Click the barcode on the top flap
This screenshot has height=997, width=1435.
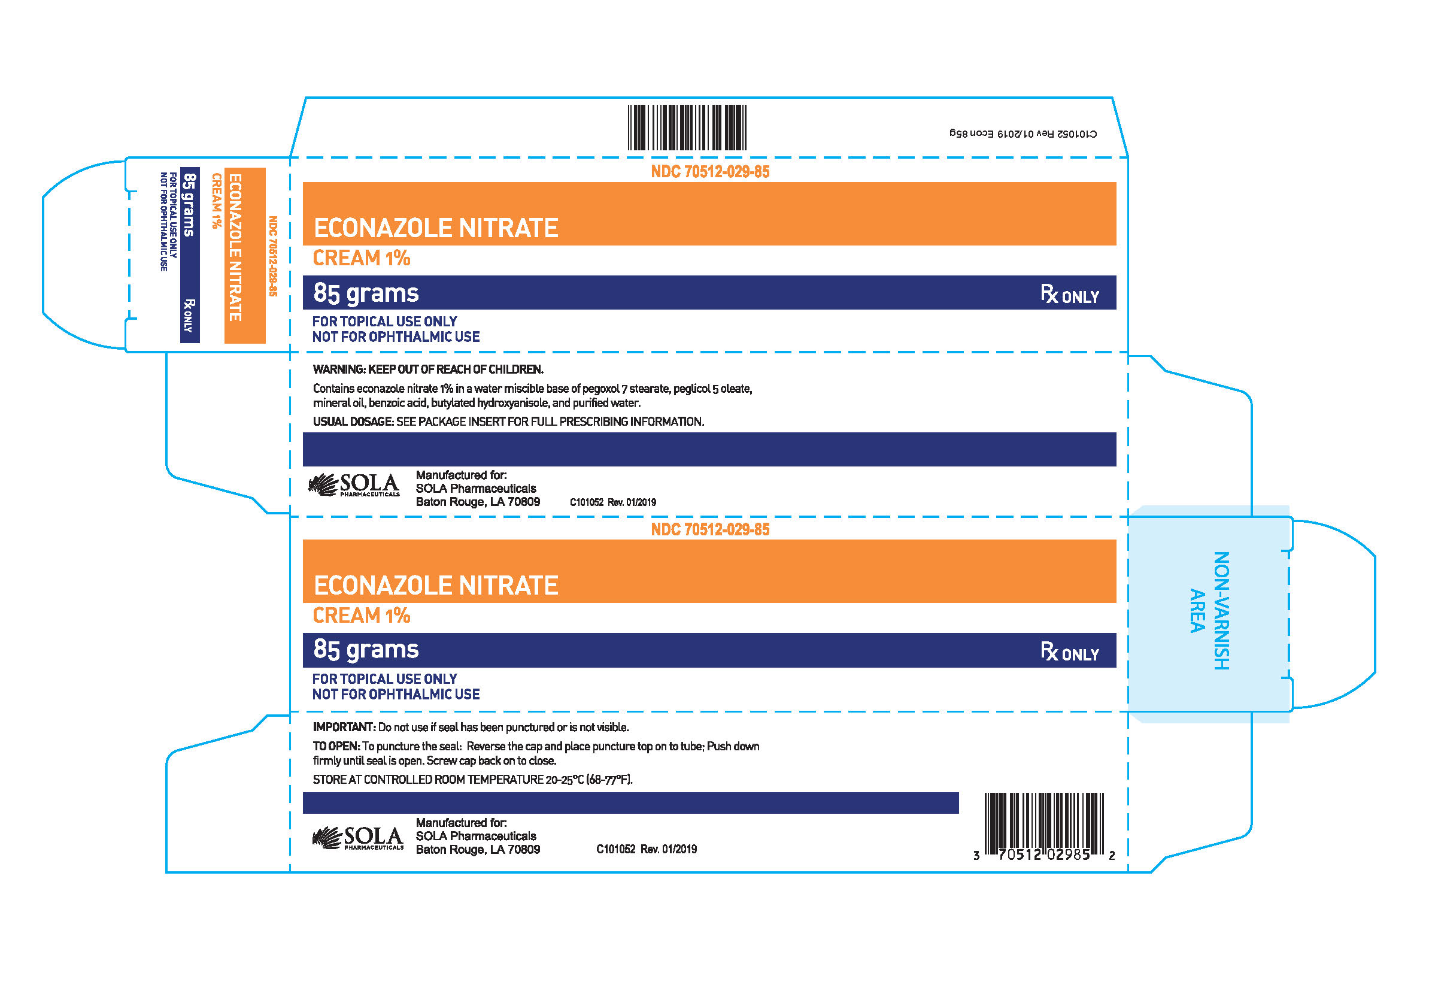(x=686, y=128)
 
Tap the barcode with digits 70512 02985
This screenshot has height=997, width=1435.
(x=1043, y=826)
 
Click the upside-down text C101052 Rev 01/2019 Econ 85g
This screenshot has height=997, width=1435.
(x=1023, y=134)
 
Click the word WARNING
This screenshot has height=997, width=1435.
(x=339, y=369)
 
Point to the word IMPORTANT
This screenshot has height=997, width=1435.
(x=344, y=726)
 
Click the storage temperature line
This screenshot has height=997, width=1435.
(x=473, y=779)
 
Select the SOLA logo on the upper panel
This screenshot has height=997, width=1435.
(x=354, y=485)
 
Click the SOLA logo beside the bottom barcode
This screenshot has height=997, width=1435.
(x=358, y=838)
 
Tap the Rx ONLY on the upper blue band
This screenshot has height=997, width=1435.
(x=1069, y=294)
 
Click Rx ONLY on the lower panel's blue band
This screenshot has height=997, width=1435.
(x=1069, y=651)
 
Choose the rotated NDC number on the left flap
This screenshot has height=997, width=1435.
(x=272, y=256)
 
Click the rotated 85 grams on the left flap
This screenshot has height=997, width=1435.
(x=189, y=205)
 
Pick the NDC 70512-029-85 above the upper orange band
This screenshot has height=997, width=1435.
(x=710, y=172)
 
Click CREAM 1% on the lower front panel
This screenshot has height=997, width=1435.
(x=362, y=616)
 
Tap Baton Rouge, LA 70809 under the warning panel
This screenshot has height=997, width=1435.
(x=478, y=502)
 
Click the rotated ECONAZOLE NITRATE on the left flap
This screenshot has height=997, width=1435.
(x=235, y=247)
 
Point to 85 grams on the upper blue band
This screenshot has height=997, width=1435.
(x=366, y=293)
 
